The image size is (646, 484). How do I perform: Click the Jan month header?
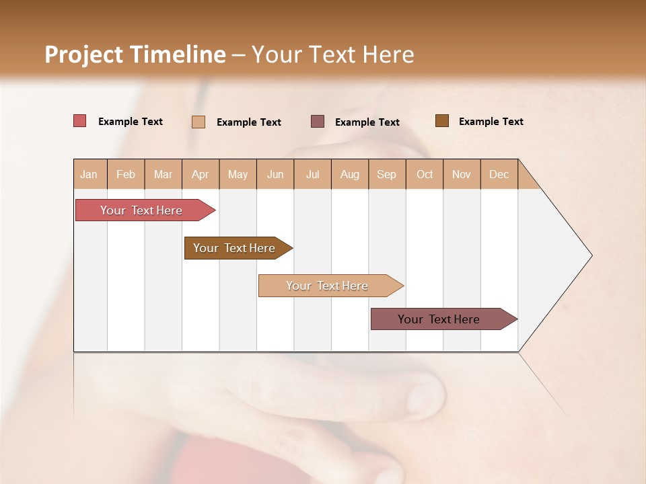(89, 174)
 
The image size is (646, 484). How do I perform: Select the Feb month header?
(126, 174)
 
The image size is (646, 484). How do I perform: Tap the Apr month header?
(201, 174)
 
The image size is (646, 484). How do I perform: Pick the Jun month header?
(275, 174)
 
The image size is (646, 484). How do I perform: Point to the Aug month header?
(350, 174)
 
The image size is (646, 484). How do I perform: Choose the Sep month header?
(387, 174)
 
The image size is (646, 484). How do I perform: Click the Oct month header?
(425, 174)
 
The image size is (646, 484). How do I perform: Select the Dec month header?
(499, 174)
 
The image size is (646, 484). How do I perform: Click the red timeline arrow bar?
(141, 210)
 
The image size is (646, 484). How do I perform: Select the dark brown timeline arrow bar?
(234, 248)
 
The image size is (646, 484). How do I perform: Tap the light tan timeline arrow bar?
(327, 286)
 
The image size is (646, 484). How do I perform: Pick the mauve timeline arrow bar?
(439, 319)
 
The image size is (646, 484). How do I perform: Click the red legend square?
(79, 121)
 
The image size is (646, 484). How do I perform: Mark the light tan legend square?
(199, 122)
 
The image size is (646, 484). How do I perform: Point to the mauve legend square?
(318, 122)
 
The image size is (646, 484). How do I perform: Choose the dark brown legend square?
(441, 121)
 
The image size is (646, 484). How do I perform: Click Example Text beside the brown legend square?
(491, 121)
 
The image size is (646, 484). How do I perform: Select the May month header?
(238, 174)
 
